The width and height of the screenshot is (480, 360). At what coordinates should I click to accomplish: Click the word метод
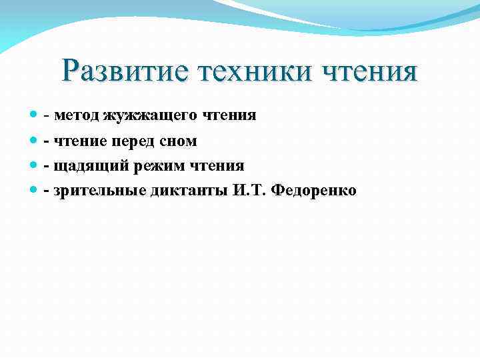[x=77, y=115]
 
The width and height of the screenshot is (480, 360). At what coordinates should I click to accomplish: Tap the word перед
[x=137, y=141]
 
